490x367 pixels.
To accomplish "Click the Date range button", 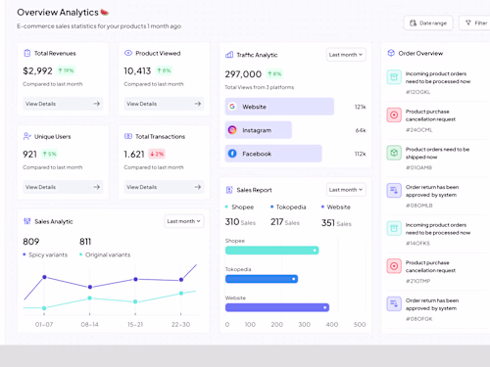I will (x=428, y=23).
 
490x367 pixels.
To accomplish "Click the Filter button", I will (x=477, y=23).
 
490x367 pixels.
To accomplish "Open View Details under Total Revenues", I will (x=63, y=103).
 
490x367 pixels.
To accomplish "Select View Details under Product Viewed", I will (x=164, y=103).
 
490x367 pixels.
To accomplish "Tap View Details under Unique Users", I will (x=63, y=187).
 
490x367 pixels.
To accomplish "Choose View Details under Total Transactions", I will (x=164, y=187).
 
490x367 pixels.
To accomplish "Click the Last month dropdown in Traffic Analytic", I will (x=346, y=55).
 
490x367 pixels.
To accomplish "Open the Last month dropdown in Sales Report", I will (x=346, y=189).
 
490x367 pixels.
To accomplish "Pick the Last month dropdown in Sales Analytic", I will (x=183, y=221).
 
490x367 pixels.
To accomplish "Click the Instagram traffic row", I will (x=258, y=130).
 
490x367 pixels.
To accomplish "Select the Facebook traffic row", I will (x=272, y=154).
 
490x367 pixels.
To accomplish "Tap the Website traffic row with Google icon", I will (x=279, y=107).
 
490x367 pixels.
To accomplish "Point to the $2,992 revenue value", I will (x=38, y=71).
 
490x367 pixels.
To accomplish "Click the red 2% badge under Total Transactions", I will (x=157, y=155).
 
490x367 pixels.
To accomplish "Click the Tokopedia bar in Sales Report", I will (x=262, y=279).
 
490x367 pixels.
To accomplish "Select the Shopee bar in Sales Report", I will (x=272, y=251).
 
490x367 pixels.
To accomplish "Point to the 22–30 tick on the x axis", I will (x=180, y=324).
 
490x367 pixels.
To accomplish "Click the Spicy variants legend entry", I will (x=47, y=254).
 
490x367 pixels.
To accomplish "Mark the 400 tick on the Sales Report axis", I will (x=332, y=324).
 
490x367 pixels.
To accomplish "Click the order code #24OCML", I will (x=418, y=129).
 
